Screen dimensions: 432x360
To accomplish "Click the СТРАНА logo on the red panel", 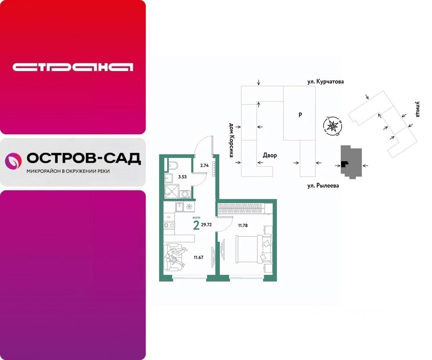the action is point(73,67).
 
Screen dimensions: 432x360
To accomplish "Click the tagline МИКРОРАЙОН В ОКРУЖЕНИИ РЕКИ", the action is point(68,171).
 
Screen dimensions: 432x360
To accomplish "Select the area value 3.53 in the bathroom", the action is point(183,176).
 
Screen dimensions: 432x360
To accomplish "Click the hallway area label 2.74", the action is point(204,166).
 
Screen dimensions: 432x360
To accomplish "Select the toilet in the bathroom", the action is point(172,166).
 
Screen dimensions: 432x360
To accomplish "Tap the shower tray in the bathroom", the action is point(171,191).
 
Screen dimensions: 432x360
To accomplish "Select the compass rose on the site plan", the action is point(333,126).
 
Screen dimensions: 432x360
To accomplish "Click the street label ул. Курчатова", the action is point(325,82).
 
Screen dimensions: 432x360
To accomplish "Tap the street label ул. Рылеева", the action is point(323,186).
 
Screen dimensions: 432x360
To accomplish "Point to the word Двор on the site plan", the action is point(270,156).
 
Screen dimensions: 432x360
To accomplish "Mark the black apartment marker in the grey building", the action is point(345,164).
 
